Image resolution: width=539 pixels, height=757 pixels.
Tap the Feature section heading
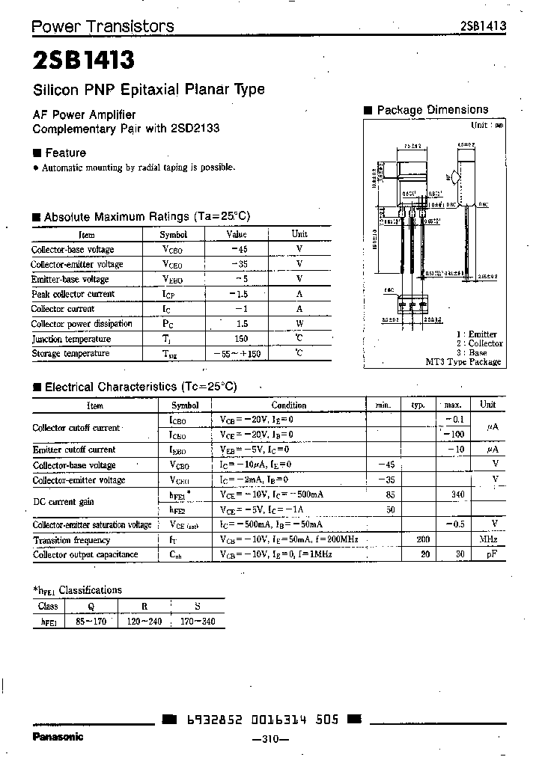[65, 153]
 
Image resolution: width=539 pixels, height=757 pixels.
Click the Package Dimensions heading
[432, 110]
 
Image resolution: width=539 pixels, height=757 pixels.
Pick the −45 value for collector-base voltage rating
[239, 249]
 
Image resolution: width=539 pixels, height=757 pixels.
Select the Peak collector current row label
[73, 294]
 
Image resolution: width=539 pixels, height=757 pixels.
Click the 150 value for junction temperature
[239, 338]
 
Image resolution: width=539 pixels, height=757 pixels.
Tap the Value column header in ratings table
[237, 234]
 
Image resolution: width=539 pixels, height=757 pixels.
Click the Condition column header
[288, 405]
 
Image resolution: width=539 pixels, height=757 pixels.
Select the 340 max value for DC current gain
[458, 494]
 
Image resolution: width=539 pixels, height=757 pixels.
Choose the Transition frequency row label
[71, 540]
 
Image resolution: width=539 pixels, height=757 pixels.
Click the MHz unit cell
[488, 539]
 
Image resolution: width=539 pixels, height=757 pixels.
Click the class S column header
[197, 607]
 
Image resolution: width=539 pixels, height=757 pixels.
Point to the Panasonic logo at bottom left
[57, 737]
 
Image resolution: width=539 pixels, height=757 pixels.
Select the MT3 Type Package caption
[463, 362]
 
